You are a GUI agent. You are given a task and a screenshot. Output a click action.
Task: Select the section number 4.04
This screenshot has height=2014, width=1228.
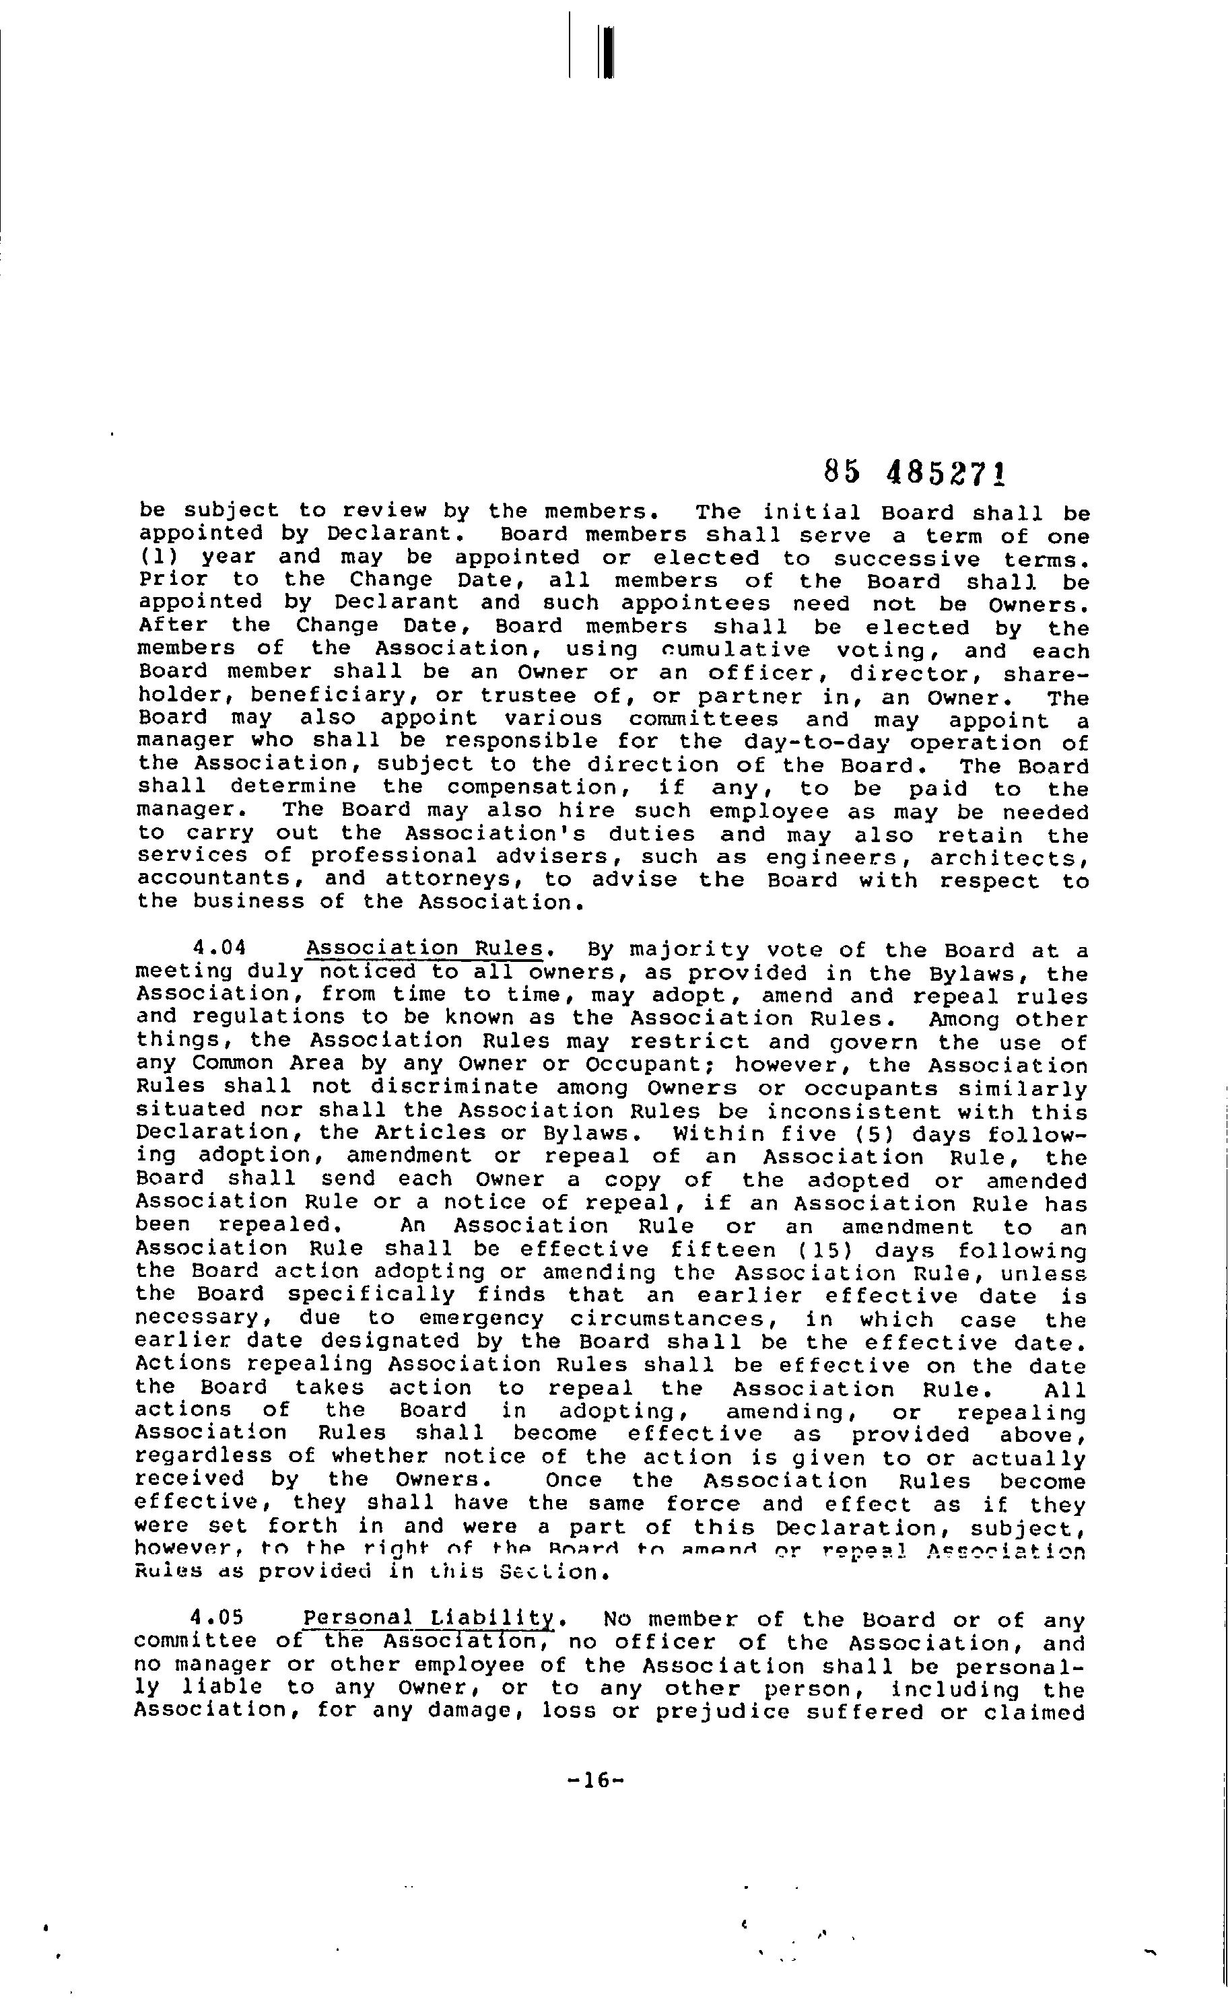coord(218,949)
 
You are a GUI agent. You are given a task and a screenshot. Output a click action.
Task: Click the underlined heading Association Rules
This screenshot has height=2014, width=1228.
coord(423,949)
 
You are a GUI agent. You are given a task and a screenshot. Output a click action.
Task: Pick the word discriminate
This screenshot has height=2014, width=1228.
coord(454,1088)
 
